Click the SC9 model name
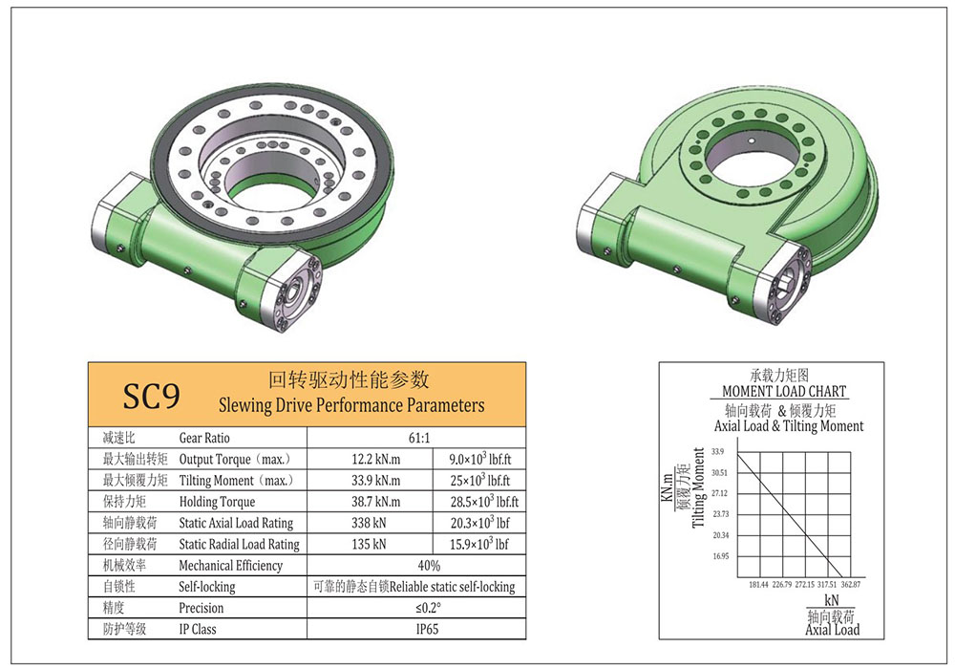click(x=151, y=396)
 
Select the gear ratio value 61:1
click(x=419, y=438)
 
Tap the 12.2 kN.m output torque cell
click(x=375, y=459)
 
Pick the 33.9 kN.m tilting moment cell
click(x=375, y=480)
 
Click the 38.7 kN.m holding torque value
click(x=375, y=502)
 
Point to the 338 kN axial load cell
click(x=369, y=523)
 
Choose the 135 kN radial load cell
click(x=369, y=544)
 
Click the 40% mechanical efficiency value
click(x=429, y=566)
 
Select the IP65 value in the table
click(x=428, y=629)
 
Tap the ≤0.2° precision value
click(x=428, y=608)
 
